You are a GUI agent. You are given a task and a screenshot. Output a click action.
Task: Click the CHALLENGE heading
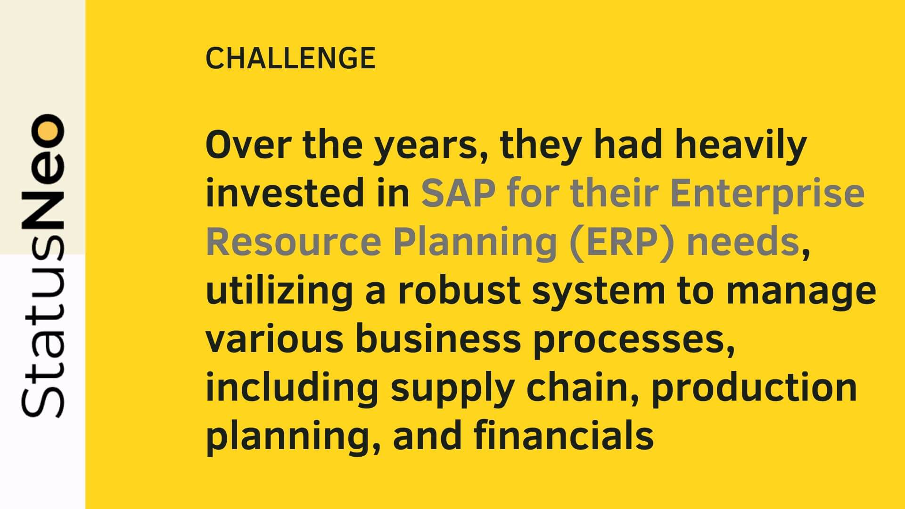pos(290,58)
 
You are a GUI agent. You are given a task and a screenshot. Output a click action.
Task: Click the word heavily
pos(741,146)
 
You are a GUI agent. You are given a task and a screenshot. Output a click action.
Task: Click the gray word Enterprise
pos(767,194)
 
